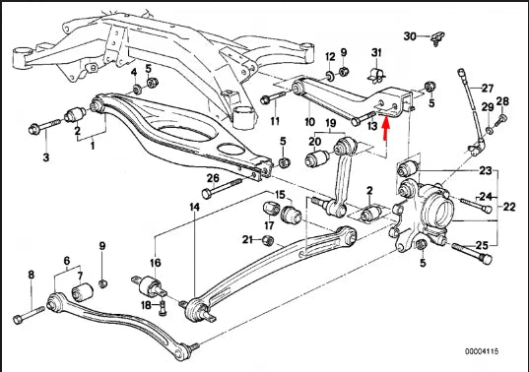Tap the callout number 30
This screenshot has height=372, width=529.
pyautogui.click(x=410, y=36)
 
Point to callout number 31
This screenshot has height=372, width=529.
pyautogui.click(x=375, y=51)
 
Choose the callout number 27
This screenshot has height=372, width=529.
pyautogui.click(x=487, y=89)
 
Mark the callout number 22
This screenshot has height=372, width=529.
pyautogui.click(x=509, y=207)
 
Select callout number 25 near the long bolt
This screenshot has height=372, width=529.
pyautogui.click(x=483, y=245)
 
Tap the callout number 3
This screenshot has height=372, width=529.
pyautogui.click(x=44, y=156)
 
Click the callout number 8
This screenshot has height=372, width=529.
pyautogui.click(x=31, y=275)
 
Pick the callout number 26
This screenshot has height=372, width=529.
pyautogui.click(x=212, y=178)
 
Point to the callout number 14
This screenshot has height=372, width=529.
pyautogui.click(x=195, y=208)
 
